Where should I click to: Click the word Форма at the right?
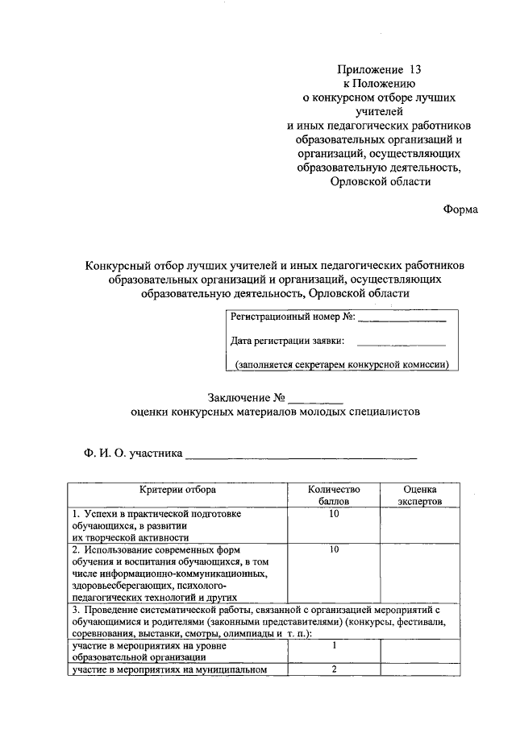[x=460, y=209]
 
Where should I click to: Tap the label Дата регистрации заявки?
[x=288, y=341]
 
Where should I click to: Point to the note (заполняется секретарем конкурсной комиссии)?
[x=342, y=365]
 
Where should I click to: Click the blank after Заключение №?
[x=315, y=398]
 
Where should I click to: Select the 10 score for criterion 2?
[x=333, y=549]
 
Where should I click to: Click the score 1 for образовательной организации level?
[x=333, y=645]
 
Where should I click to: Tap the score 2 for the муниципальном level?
[x=333, y=669]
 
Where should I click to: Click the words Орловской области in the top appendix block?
[x=380, y=181]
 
